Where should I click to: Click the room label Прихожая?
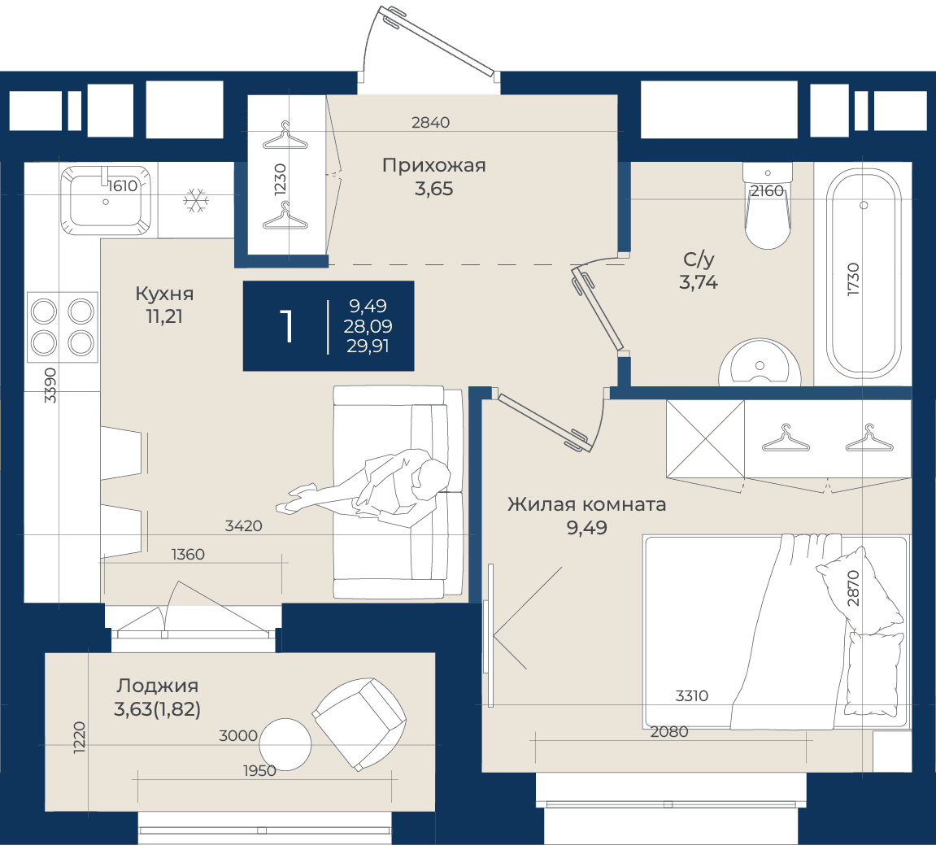(434, 165)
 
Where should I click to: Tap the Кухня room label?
(164, 294)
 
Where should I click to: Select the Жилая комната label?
(587, 504)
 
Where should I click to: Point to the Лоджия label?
(157, 686)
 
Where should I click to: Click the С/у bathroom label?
(699, 259)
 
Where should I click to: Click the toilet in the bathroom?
(768, 206)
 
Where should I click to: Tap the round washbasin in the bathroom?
(760, 363)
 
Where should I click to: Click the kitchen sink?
(106, 200)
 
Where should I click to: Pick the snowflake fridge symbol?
(196, 201)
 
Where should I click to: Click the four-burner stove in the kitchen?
(63, 327)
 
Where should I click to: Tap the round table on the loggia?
(285, 745)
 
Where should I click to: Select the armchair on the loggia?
(359, 724)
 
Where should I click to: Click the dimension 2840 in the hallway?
(430, 123)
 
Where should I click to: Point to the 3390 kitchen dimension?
(50, 386)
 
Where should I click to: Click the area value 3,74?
(699, 282)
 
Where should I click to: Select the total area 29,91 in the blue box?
(368, 346)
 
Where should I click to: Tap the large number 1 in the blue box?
(288, 326)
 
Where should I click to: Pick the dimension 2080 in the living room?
(669, 731)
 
